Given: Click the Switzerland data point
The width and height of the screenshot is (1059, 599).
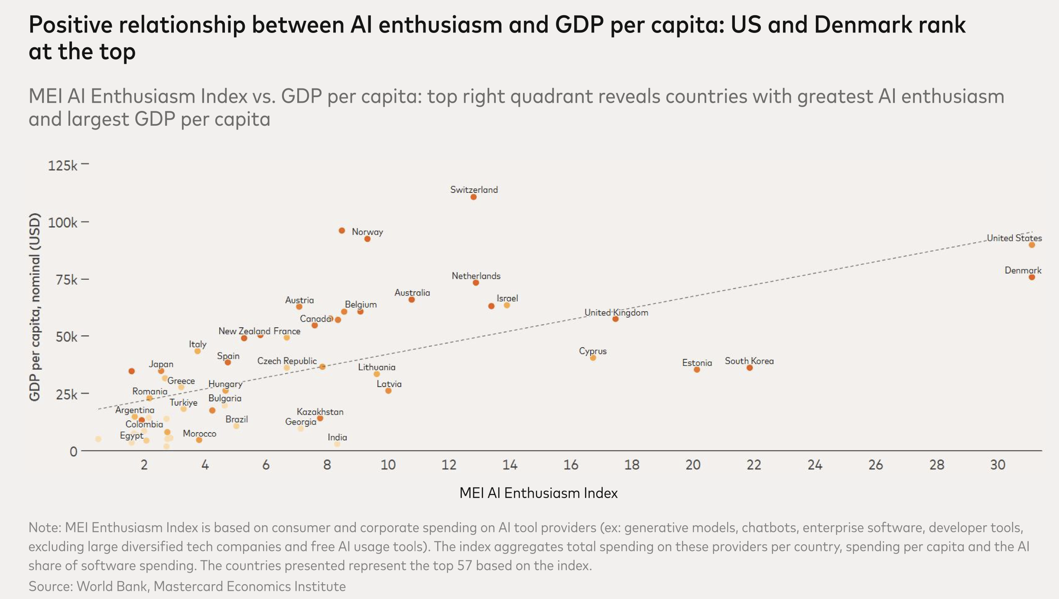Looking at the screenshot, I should pyautogui.click(x=474, y=197).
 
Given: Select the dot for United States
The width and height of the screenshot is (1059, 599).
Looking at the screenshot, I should pyautogui.click(x=1032, y=245).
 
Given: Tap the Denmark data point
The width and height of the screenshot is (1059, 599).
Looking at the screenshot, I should pyautogui.click(x=1032, y=277).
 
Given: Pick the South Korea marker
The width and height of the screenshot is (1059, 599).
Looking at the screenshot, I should pyautogui.click(x=750, y=368).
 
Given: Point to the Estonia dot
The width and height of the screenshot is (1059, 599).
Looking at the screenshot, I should pyautogui.click(x=697, y=370).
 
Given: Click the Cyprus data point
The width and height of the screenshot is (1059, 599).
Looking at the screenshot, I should pyautogui.click(x=593, y=358).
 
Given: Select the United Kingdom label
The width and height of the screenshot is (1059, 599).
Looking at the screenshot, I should pyautogui.click(x=616, y=313).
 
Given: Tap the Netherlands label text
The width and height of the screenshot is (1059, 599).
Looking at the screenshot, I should pyautogui.click(x=476, y=276).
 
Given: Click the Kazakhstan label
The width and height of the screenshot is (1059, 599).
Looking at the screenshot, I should pyautogui.click(x=320, y=412).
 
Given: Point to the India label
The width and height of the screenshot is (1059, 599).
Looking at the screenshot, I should pyautogui.click(x=337, y=437).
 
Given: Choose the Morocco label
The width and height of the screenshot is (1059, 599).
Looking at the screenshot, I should pyautogui.click(x=199, y=433).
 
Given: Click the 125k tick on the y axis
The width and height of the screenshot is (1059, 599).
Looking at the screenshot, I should pyautogui.click(x=62, y=166).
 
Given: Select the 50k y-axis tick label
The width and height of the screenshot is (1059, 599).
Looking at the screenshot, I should pyautogui.click(x=66, y=337).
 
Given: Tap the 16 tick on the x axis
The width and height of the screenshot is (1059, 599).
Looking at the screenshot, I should pyautogui.click(x=571, y=465).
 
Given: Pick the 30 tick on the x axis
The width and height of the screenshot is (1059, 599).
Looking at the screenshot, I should pyautogui.click(x=997, y=465).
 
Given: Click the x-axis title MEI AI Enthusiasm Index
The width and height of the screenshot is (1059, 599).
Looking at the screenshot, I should pyautogui.click(x=538, y=493).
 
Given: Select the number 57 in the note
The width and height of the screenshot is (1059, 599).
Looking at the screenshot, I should pyautogui.click(x=464, y=566).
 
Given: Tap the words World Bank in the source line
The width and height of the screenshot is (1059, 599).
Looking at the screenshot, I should pyautogui.click(x=112, y=586).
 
